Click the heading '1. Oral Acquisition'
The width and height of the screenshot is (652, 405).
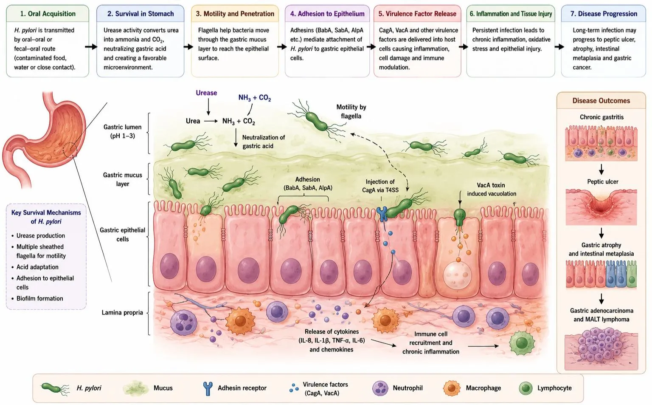click(x=48, y=14)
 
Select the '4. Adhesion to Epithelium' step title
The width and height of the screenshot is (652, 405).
click(x=327, y=14)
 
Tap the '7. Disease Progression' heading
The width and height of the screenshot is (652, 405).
click(x=604, y=14)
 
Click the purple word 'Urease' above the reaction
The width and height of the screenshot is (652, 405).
click(x=206, y=93)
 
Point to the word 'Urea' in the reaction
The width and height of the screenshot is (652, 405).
click(x=193, y=121)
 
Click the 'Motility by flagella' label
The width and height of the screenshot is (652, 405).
click(x=351, y=112)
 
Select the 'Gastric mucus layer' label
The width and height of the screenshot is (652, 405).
click(x=123, y=179)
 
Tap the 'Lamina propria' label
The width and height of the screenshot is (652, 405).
click(x=122, y=313)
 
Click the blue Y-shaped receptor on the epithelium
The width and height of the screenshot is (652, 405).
click(x=382, y=214)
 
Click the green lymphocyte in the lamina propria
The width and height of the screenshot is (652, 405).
click(x=522, y=343)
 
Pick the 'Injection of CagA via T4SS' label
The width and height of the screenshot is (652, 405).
click(x=380, y=186)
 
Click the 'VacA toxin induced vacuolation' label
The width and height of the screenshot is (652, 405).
click(x=491, y=190)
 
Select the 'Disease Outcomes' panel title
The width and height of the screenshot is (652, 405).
click(x=601, y=101)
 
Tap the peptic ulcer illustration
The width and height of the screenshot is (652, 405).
click(x=601, y=207)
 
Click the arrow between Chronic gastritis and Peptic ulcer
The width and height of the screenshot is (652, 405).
click(x=601, y=169)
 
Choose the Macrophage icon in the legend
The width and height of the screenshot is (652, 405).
click(x=452, y=388)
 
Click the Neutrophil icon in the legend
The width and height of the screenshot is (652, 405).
click(x=380, y=388)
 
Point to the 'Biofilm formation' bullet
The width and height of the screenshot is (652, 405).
click(x=39, y=298)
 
